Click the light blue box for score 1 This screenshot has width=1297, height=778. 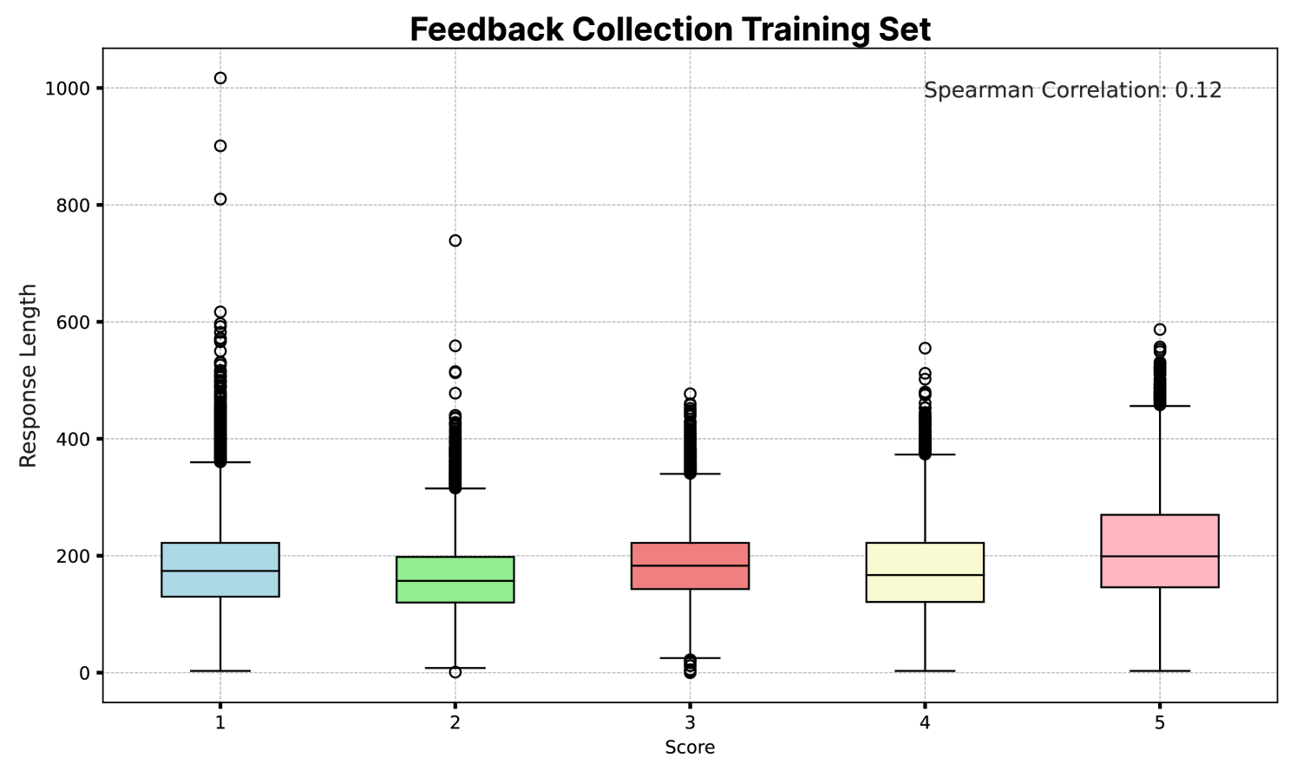coord(220,569)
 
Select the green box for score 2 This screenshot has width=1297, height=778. coord(455,579)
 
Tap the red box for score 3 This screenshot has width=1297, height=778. coord(690,566)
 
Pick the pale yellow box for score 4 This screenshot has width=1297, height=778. coord(925,572)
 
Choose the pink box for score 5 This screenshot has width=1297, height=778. coord(1160,551)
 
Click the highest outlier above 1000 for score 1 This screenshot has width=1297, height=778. coord(220,78)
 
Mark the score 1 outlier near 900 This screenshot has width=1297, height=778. coord(220,146)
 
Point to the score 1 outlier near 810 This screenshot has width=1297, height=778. coord(220,199)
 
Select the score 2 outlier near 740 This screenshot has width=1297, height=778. coord(455,240)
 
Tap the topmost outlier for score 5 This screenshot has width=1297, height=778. coord(1160,330)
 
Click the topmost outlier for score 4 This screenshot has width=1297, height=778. coord(925,349)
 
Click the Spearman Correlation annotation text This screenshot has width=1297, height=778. coord(1072,90)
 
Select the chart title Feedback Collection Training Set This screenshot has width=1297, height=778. coord(670,29)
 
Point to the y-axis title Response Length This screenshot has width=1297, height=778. coord(29,375)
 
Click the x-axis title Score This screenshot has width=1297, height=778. coord(690,748)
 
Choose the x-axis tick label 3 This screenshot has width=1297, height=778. coord(690,722)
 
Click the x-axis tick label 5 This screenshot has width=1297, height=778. coord(1160,722)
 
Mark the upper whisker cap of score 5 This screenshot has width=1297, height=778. coord(1160,406)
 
